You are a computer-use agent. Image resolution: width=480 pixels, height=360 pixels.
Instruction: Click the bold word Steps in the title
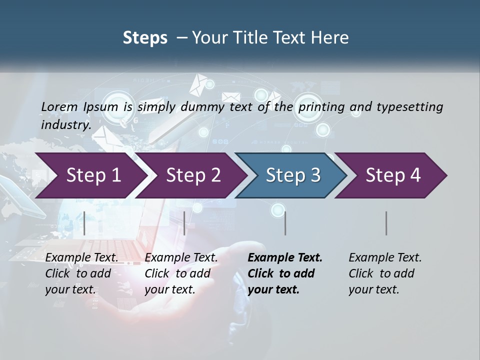[x=145, y=37]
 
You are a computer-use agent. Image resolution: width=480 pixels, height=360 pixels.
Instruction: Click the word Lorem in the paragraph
[x=59, y=106]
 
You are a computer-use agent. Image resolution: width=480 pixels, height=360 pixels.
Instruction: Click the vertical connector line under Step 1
[x=84, y=223]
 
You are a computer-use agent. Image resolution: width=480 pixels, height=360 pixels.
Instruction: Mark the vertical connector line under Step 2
[x=184, y=223]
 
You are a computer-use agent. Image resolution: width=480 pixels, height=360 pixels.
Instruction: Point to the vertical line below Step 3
[x=285, y=223]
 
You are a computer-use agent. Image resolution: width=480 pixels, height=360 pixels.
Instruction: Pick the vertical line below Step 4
[x=386, y=223]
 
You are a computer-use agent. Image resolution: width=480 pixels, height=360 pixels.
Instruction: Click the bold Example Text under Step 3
[x=285, y=257]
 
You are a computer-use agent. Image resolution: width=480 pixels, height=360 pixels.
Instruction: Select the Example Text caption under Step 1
[x=81, y=257]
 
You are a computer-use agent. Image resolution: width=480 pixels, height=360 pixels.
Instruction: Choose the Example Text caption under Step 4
[x=385, y=257]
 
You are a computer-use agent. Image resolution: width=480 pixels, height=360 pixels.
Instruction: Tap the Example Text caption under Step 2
[x=181, y=257]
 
